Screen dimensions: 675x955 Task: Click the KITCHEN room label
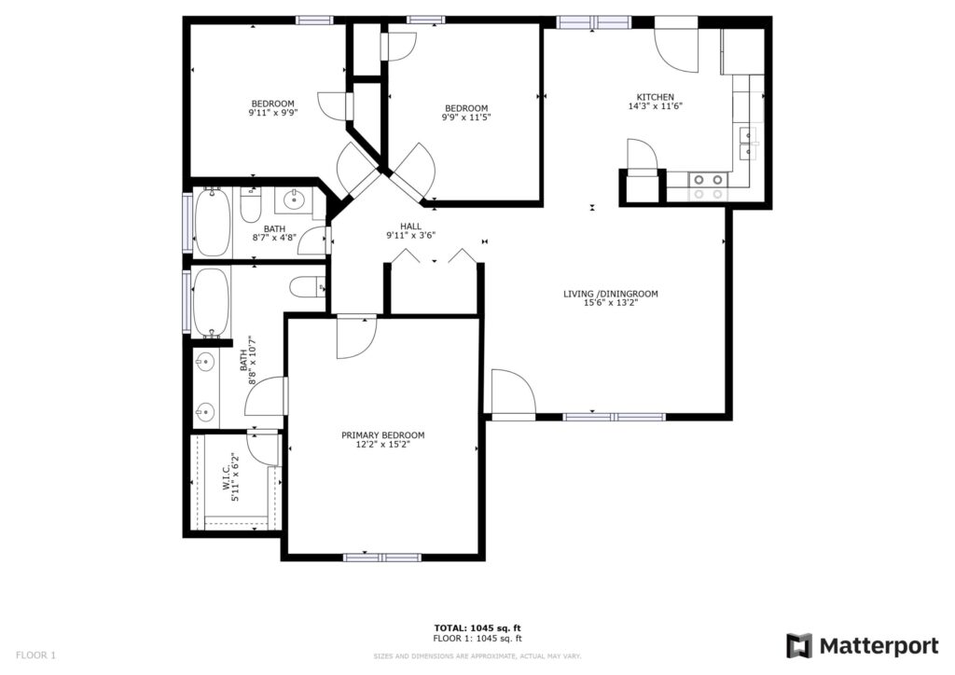point(655,97)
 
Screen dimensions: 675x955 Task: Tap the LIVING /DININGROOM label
point(611,294)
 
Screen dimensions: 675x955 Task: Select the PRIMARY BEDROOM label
point(382,435)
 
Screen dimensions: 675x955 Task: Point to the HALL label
point(410,226)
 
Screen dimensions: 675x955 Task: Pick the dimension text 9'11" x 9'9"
point(272,114)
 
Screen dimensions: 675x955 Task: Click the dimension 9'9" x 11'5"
point(465,117)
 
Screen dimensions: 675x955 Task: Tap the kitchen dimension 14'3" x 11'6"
point(655,107)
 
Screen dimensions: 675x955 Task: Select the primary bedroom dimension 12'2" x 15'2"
point(382,445)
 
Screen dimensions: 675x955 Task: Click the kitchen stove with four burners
point(707,186)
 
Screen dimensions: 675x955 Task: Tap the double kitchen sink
point(748,144)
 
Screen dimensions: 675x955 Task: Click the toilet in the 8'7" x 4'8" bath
point(250,205)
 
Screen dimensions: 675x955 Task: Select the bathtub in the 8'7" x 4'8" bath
point(212,221)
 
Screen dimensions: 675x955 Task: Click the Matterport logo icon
point(799,646)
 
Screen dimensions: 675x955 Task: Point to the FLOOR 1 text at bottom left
point(35,654)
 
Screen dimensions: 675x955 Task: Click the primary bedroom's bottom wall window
point(382,558)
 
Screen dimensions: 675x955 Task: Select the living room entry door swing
point(512,392)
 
